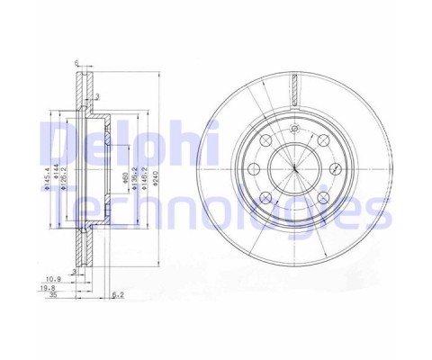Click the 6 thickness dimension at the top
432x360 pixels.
click(x=78, y=63)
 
